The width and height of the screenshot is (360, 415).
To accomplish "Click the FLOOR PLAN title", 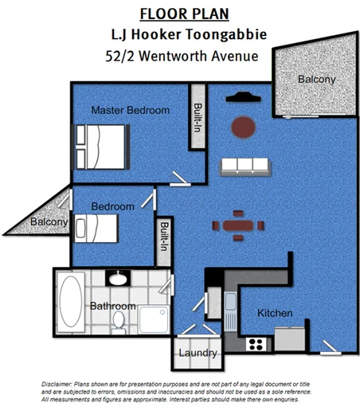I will tap(184, 14).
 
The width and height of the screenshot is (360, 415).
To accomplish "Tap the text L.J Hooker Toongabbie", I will tap(183, 34).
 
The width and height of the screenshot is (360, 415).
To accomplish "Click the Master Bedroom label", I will tap(130, 111).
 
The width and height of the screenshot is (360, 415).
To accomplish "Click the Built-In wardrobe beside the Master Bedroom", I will tap(197, 123).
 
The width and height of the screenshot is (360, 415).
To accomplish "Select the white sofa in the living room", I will tap(246, 166).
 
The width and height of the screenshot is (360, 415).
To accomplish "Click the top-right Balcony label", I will tap(316, 80).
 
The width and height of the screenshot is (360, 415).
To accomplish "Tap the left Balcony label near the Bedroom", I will tap(49, 222).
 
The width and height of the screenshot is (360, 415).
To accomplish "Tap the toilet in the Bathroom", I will tap(119, 320).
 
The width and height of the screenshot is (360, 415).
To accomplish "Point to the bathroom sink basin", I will tap(118, 278).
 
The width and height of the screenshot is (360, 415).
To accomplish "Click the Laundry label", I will tap(198, 353).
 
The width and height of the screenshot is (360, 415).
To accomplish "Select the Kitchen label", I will tap(274, 313).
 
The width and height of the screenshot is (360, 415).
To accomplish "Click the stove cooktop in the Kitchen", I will tap(256, 343).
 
